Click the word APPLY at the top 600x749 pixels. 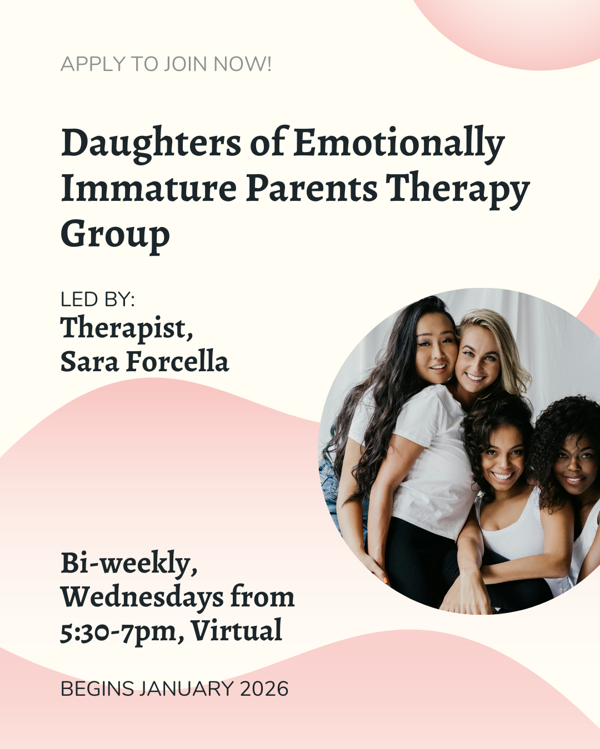[x=93, y=64]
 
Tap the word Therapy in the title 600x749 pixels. [x=458, y=190]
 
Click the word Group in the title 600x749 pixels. [x=116, y=235]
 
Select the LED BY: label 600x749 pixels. [x=98, y=299]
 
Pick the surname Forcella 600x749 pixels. [x=177, y=361]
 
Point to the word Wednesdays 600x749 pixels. [x=142, y=597]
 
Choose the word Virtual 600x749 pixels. [x=237, y=630]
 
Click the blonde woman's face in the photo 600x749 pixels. [x=478, y=362]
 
